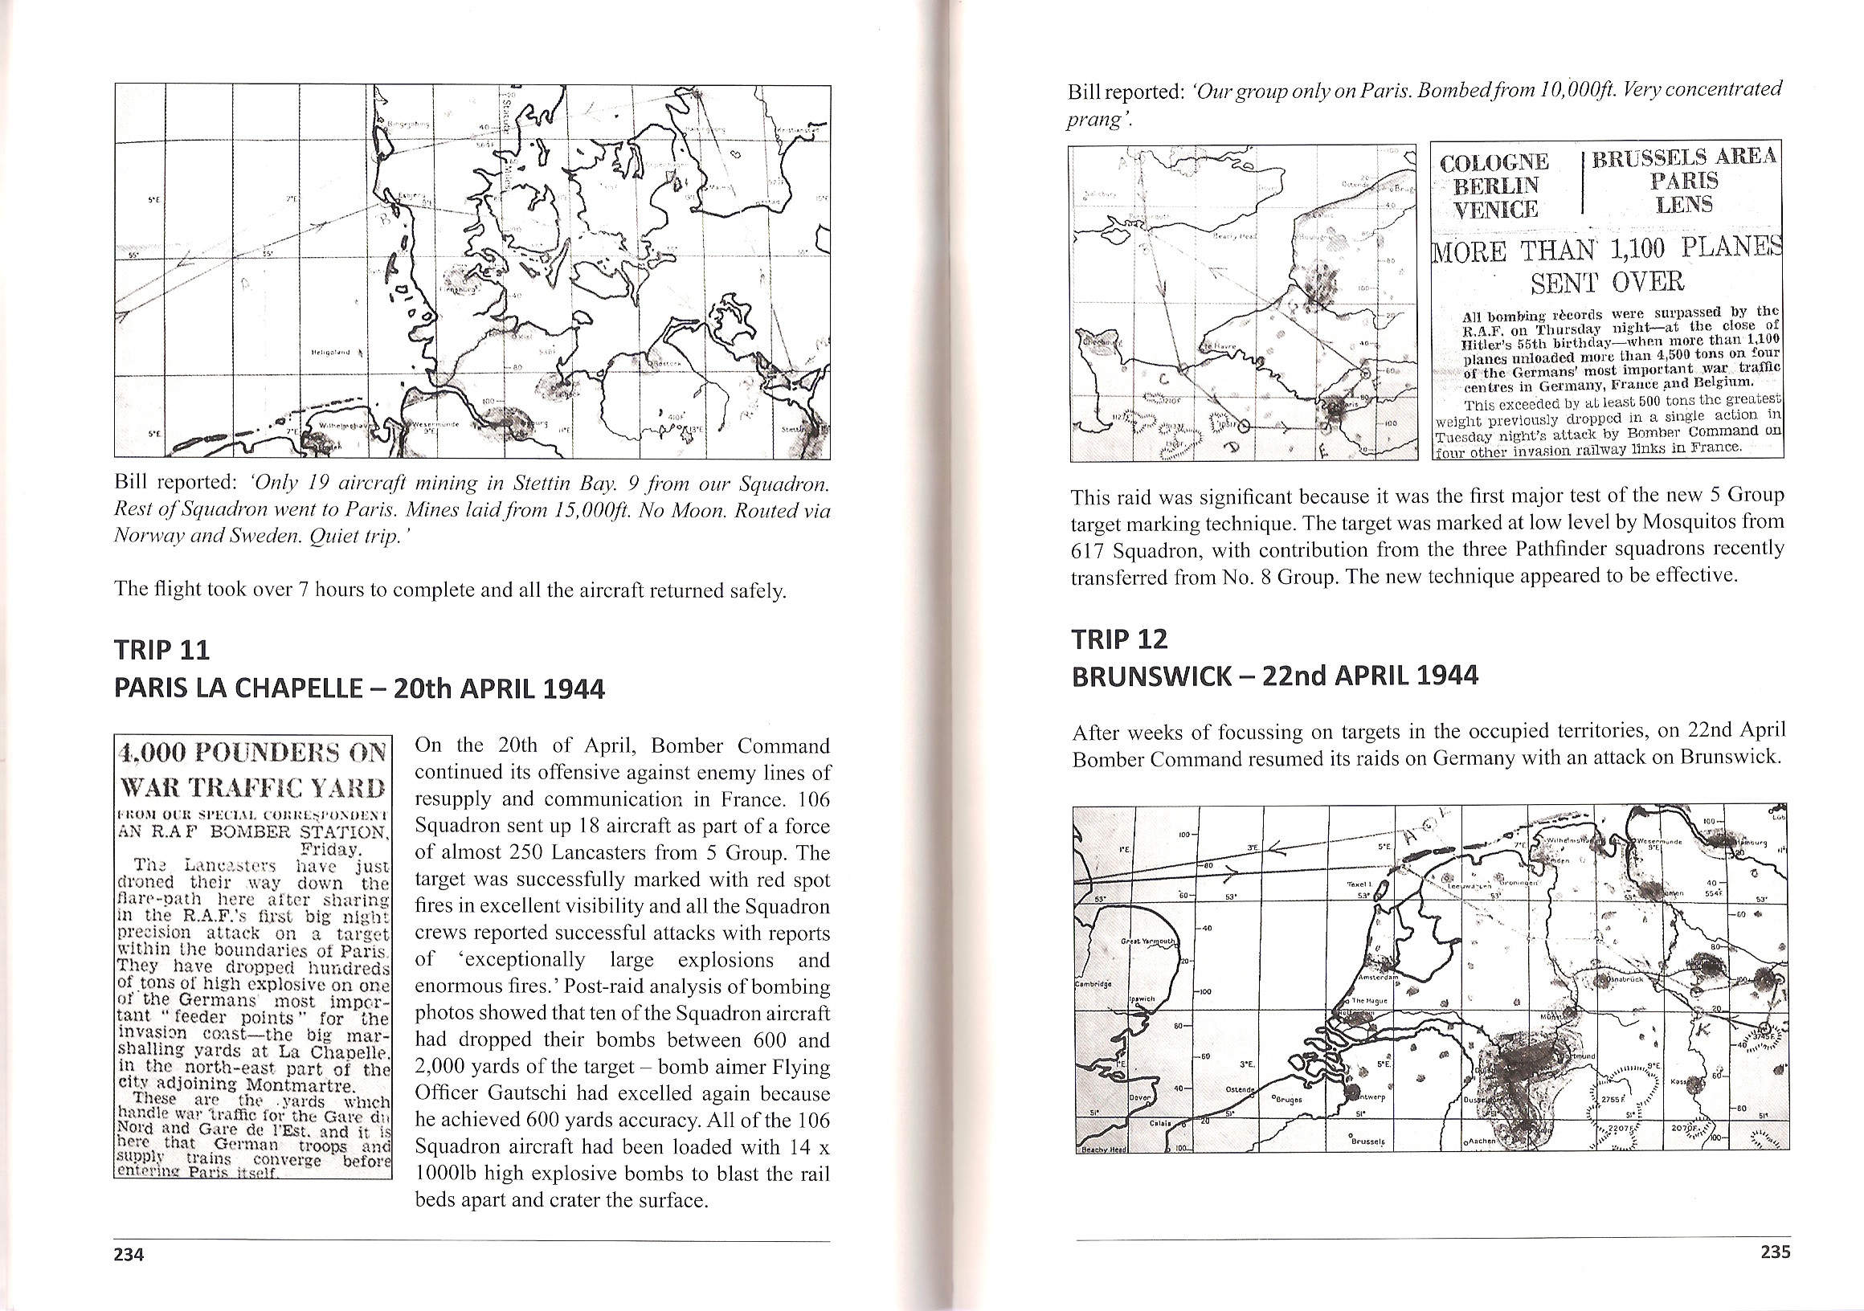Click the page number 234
click(x=129, y=1254)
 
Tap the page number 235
click(x=1776, y=1252)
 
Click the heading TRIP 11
click(x=161, y=650)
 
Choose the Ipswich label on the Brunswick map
click(x=1138, y=998)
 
